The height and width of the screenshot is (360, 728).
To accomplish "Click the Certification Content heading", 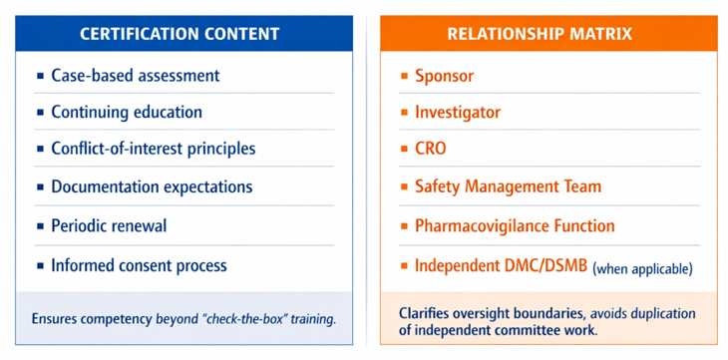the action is [180, 34].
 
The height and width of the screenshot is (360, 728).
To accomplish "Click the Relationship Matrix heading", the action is [540, 34].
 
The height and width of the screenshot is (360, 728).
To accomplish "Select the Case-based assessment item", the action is [135, 75].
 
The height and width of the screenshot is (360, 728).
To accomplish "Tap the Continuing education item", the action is [127, 112].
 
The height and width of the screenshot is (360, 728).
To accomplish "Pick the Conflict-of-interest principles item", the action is [154, 149].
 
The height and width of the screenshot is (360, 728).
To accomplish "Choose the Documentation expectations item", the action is [152, 186].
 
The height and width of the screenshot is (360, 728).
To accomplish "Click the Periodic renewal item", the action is [109, 225].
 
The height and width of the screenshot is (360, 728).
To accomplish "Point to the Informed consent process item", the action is [139, 265].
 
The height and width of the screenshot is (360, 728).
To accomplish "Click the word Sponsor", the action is [444, 76].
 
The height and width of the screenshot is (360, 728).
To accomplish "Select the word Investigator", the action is [458, 112].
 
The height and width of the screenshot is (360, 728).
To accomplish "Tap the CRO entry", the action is [430, 149].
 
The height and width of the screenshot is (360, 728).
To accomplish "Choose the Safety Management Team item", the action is [508, 186].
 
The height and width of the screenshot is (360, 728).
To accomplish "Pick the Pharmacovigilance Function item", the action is [515, 225].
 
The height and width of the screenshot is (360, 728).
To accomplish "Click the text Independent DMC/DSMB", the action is [502, 265].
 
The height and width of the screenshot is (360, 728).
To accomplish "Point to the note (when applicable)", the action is [642, 268].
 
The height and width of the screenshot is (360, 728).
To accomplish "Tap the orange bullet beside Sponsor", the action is [405, 75].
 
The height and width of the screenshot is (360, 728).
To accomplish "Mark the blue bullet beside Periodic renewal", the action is [41, 226].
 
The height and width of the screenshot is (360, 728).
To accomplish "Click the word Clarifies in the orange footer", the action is [425, 313].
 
